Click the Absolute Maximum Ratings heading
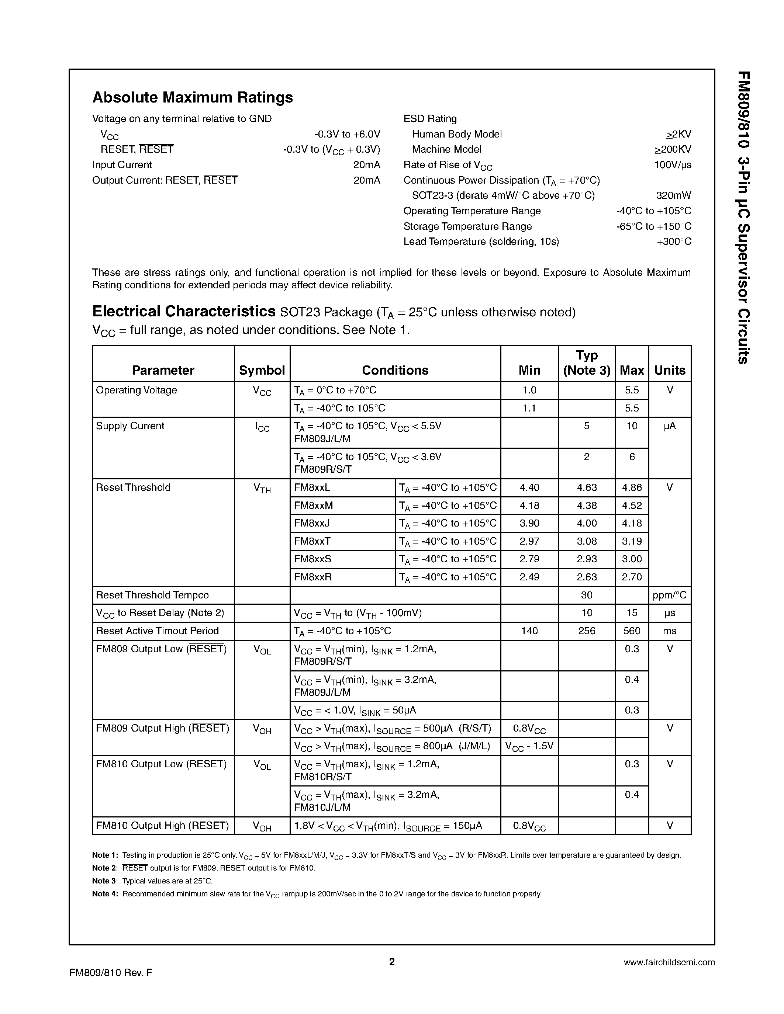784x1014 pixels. [x=192, y=97]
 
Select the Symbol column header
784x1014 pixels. [x=262, y=370]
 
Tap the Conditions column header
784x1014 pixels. [x=395, y=370]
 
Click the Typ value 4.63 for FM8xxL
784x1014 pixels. [x=587, y=487]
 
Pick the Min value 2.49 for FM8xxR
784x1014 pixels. [x=529, y=577]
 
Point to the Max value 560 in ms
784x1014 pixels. [x=632, y=631]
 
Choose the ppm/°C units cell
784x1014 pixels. [x=669, y=595]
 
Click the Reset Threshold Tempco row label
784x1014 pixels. [x=152, y=595]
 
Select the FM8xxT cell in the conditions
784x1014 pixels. [x=312, y=541]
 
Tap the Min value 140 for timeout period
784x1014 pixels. [x=529, y=631]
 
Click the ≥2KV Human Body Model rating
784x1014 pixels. [x=678, y=134]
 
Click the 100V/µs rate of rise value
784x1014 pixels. [x=673, y=165]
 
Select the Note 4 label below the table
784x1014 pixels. [x=105, y=894]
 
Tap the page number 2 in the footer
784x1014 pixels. [x=391, y=962]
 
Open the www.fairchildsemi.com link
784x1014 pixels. [x=669, y=962]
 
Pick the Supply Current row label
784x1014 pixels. [x=130, y=426]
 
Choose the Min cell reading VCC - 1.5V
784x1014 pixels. [x=529, y=746]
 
